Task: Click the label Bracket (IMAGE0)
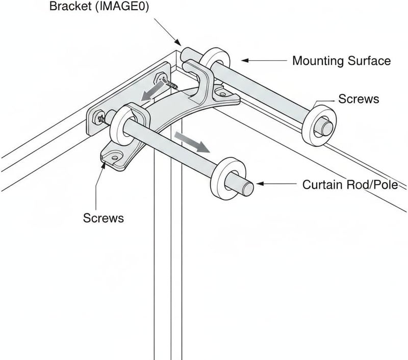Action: click(99, 6)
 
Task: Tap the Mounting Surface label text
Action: click(341, 61)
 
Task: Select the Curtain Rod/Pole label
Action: click(350, 185)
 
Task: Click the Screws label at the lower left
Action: click(104, 218)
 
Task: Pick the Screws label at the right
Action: click(359, 99)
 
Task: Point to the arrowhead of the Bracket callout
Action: click(177, 42)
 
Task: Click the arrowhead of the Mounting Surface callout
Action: click(245, 60)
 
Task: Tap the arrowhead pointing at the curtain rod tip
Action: click(260, 184)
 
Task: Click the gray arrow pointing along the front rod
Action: click(192, 142)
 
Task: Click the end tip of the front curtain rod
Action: click(248, 189)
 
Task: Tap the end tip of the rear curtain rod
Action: click(327, 128)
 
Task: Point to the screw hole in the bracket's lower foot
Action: click(114, 157)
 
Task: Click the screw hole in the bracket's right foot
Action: click(222, 94)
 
